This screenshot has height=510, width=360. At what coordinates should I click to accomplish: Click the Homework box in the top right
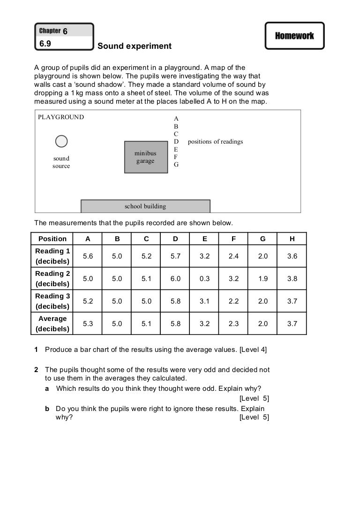click(x=294, y=36)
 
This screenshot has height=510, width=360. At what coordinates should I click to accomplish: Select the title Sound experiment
click(x=135, y=46)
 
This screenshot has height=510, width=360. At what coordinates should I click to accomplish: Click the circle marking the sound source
click(x=61, y=141)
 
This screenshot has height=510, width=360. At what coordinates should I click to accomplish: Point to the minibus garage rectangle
click(x=145, y=157)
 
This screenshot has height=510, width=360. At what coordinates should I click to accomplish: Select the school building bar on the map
click(x=145, y=206)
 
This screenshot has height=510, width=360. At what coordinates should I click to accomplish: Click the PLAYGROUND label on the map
click(x=61, y=117)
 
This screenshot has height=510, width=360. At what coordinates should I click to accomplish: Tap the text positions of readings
click(x=215, y=141)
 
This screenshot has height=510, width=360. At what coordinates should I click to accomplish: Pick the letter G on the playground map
click(x=176, y=165)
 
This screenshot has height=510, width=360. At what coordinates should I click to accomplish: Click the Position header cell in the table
click(x=52, y=239)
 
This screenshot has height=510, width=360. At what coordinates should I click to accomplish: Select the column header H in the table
click(x=292, y=239)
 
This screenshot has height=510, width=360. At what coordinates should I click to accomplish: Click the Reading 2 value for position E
click(x=204, y=279)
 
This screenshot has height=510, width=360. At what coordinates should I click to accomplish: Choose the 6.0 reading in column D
click(x=175, y=279)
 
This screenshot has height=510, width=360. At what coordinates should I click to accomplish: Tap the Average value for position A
click(x=88, y=324)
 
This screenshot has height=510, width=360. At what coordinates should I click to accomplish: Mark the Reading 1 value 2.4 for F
click(x=233, y=256)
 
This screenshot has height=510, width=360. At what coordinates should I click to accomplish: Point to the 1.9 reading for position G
click(x=263, y=279)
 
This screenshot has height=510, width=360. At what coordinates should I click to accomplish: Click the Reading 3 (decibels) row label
click(x=52, y=301)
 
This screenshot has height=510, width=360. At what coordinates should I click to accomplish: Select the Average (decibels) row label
click(x=52, y=324)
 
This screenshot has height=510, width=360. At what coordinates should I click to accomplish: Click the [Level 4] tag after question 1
click(x=253, y=350)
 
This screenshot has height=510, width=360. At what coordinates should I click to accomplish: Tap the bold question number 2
click(x=37, y=370)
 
